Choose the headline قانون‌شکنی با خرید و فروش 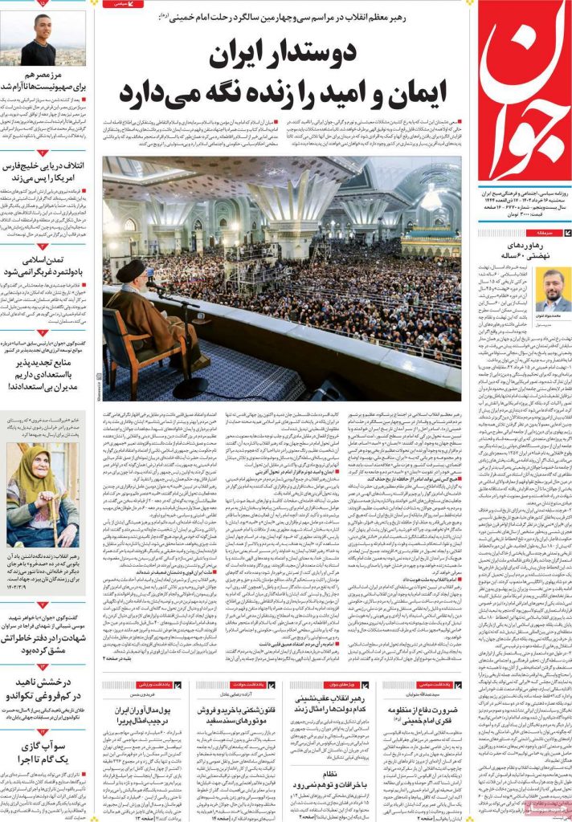236,710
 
